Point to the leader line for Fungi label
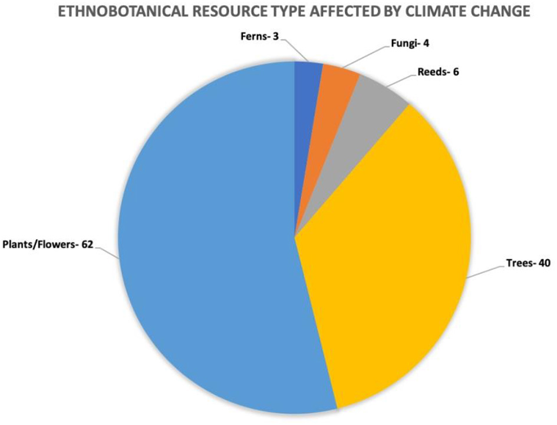tap(365, 57)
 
